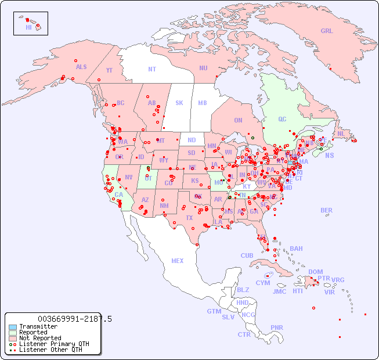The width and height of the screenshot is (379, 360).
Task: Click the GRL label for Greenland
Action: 327,31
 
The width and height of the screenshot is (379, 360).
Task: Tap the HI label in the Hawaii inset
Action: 28,27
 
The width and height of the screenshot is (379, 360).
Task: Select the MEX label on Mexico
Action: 178,261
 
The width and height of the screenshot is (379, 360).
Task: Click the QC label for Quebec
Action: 282,119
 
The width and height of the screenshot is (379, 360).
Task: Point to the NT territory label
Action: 152,69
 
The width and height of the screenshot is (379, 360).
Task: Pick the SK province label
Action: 179,103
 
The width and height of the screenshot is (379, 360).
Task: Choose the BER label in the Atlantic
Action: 327,210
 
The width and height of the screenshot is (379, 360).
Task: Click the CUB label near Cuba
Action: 247,255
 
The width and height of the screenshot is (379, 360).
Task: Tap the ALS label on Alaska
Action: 81,67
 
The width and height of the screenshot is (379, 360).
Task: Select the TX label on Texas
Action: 189,218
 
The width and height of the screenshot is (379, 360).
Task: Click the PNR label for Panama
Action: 277,327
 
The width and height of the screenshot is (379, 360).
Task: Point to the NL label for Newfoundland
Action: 341,133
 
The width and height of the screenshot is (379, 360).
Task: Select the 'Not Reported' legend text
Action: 40,338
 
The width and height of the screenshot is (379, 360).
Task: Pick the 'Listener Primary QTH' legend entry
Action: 49,344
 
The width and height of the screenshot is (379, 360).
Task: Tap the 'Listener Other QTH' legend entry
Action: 46,350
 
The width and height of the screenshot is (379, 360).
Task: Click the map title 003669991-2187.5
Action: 74,319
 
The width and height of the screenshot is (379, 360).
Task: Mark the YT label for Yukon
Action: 109,70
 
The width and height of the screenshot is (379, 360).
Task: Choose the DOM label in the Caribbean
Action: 315,272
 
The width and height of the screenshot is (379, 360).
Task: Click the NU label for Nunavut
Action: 203,68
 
